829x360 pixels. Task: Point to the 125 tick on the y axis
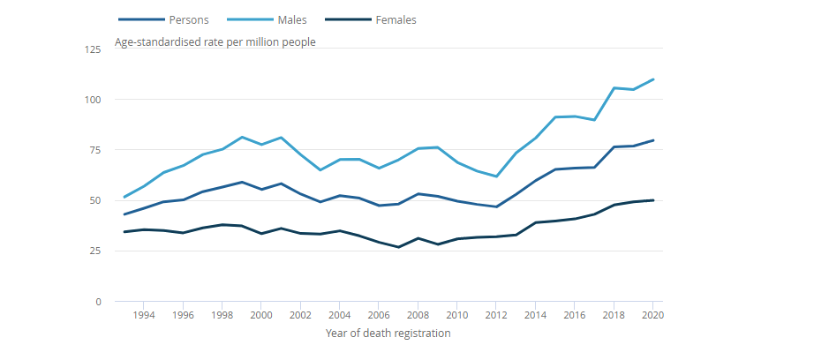pos(94,49)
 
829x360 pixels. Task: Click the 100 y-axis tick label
pos(94,100)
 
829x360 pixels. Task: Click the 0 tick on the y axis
pos(99,302)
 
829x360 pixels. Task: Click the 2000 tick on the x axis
pos(261,315)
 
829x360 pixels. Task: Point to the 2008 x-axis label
pos(418,315)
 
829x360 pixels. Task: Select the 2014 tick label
pos(536,315)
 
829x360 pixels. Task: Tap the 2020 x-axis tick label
pos(653,315)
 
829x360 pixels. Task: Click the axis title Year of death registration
pos(388,334)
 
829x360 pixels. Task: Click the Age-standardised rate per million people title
pos(215,41)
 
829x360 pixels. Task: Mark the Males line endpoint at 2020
pos(653,79)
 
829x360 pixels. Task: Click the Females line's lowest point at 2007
pos(399,247)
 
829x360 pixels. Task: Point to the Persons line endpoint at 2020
pos(653,140)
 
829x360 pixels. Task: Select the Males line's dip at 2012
pos(497,176)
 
